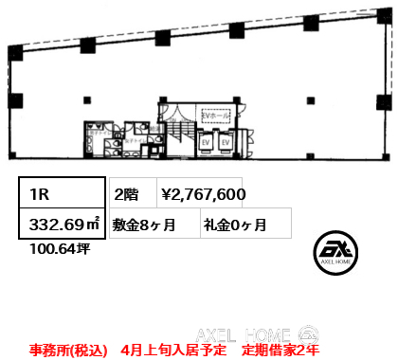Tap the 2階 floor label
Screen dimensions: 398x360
[x=127, y=194]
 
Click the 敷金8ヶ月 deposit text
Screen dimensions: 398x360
[x=144, y=225]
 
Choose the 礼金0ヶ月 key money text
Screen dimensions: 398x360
[x=234, y=225]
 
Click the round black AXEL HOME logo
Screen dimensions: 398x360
[x=333, y=254]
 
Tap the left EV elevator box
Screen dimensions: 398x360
[x=205, y=141]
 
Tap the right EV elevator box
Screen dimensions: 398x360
[x=226, y=141]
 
